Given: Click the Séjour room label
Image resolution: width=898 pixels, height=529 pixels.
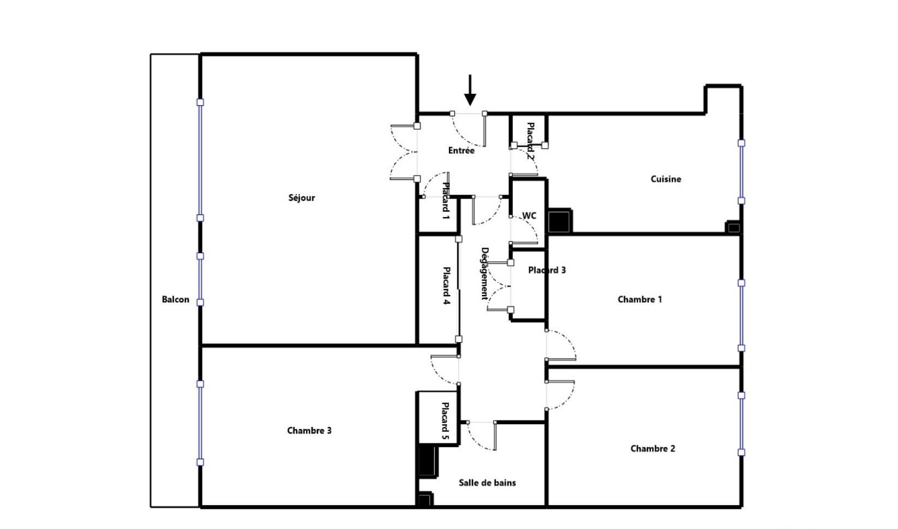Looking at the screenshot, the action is (302, 198).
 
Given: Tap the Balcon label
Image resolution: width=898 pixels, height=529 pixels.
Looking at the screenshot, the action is (175, 299).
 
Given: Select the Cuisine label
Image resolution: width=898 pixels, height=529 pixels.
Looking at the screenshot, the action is (666, 179).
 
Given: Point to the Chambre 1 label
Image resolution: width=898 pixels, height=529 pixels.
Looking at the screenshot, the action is (639, 299).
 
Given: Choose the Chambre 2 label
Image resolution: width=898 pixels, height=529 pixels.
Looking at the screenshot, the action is (652, 448).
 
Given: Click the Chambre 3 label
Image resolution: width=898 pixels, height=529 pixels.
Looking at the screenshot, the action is (309, 430).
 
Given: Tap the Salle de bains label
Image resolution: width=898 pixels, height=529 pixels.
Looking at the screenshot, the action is (487, 483).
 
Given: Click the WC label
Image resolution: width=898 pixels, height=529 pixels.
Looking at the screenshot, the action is (529, 215).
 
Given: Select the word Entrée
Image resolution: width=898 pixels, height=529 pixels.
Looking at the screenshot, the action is (461, 151).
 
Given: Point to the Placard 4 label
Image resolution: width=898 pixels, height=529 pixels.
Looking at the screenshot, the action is (446, 286).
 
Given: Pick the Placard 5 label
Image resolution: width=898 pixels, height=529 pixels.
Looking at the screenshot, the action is (445, 421).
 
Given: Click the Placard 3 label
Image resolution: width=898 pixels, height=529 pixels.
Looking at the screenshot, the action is (547, 270).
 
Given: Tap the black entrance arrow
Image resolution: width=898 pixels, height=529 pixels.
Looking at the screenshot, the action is (470, 90).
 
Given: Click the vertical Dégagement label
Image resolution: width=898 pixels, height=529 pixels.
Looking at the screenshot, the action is (484, 274).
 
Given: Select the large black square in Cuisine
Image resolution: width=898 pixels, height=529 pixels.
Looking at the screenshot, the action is (559, 221).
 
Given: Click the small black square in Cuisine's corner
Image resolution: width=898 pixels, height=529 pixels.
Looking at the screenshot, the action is (733, 227).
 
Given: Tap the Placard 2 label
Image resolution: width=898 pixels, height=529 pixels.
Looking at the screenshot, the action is (530, 141).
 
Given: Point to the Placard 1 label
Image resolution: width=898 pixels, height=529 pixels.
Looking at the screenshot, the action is (445, 201).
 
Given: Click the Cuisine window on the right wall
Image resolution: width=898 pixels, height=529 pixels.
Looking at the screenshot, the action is (741, 172).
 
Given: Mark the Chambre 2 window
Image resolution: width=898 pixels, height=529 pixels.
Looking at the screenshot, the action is (741, 424).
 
